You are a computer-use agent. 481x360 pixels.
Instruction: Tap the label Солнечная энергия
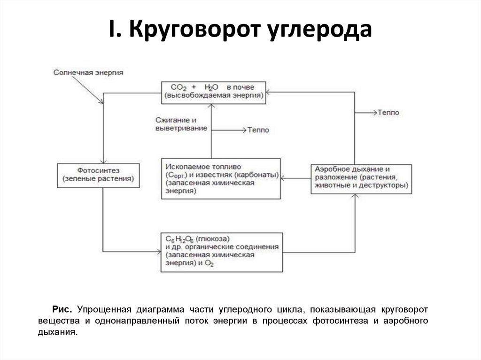point(88,73)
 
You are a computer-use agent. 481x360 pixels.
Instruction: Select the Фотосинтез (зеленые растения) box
point(98,176)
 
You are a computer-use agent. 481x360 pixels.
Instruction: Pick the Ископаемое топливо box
point(220,178)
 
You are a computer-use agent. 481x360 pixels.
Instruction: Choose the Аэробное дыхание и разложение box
point(361,178)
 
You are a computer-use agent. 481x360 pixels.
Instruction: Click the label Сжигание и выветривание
point(181,124)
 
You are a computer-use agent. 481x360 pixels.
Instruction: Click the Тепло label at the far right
point(388,113)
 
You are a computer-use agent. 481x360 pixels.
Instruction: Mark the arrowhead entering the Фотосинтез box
point(102,161)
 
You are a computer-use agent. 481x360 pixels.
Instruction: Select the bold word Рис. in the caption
point(62,310)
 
